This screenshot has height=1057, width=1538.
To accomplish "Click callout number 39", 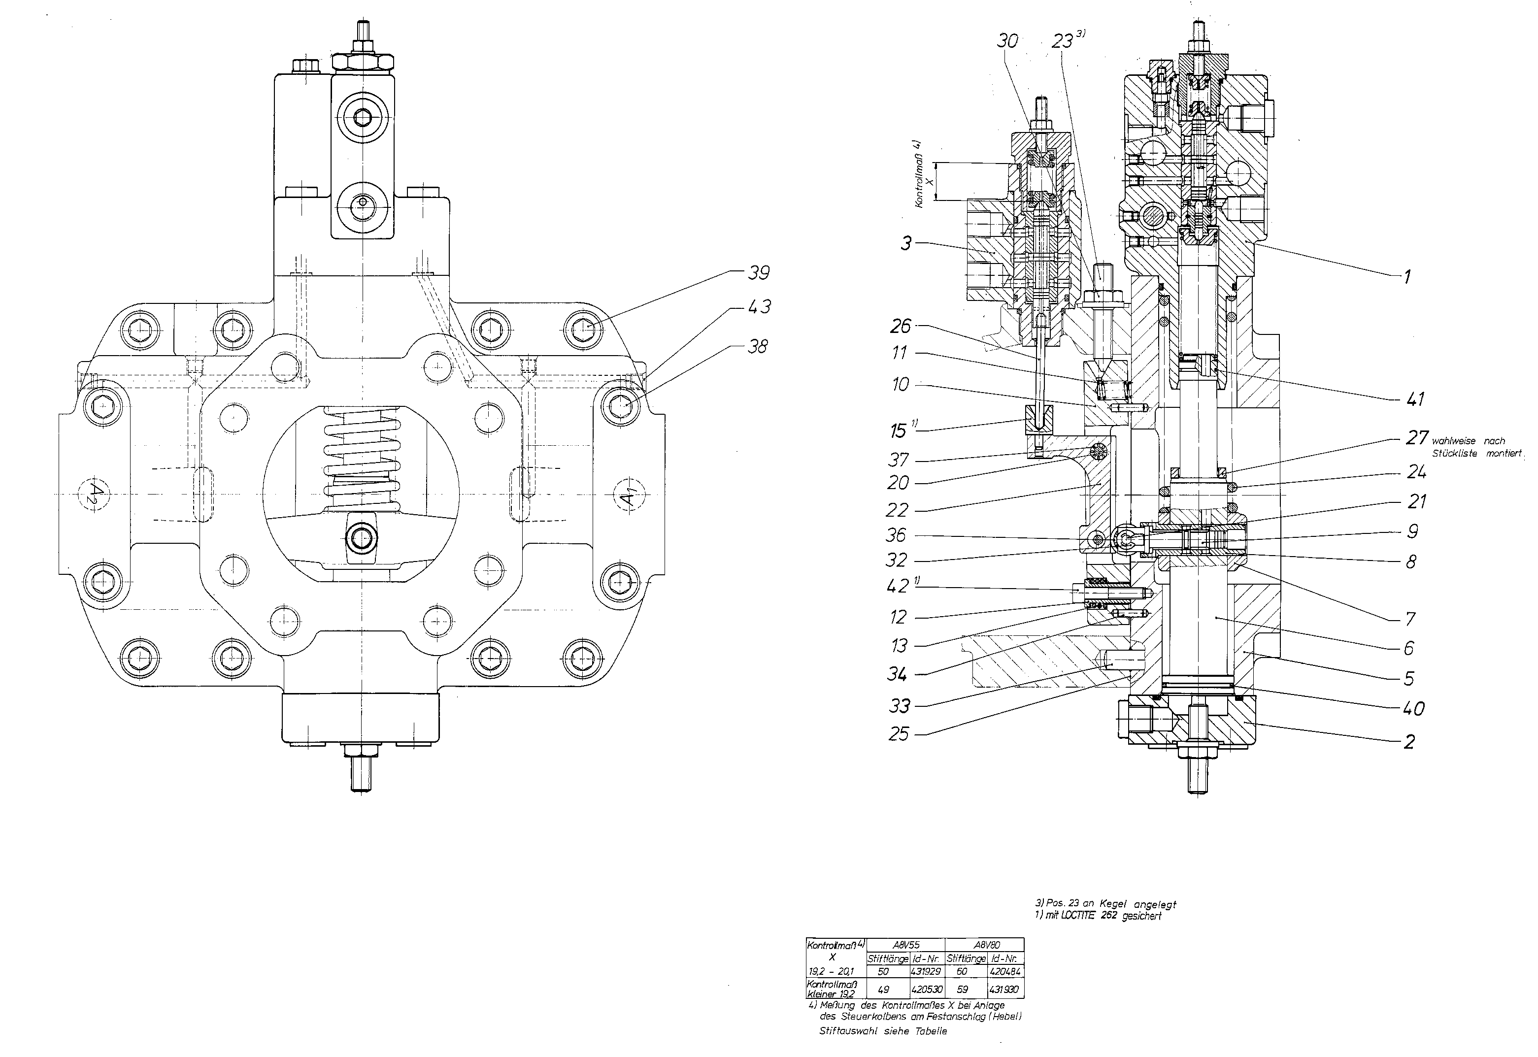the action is [x=758, y=273].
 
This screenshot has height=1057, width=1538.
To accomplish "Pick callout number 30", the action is [x=1007, y=41].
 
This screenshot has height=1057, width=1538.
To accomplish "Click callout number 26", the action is [x=901, y=326].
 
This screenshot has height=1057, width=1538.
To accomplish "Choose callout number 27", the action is [x=1417, y=438].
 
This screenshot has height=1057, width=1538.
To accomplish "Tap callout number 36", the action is [x=896, y=534].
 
